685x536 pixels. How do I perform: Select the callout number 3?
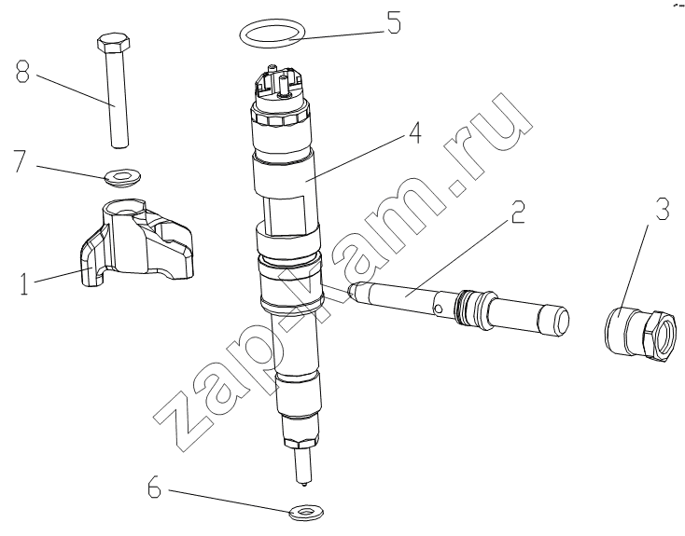tap(662, 209)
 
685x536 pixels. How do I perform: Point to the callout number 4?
tap(414, 132)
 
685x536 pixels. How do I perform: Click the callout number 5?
tap(393, 23)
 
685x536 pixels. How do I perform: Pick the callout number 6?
tap(154, 488)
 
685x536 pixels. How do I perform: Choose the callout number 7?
tap(21, 160)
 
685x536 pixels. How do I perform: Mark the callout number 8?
tap(22, 72)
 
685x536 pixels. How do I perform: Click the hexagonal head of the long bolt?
tap(113, 42)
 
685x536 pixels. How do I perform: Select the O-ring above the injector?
tap(273, 33)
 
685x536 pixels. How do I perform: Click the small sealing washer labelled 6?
tap(307, 512)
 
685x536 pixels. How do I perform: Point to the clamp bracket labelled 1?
tap(136, 242)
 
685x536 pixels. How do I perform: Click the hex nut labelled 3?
tap(643, 334)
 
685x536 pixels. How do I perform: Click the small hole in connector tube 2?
tap(439, 309)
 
